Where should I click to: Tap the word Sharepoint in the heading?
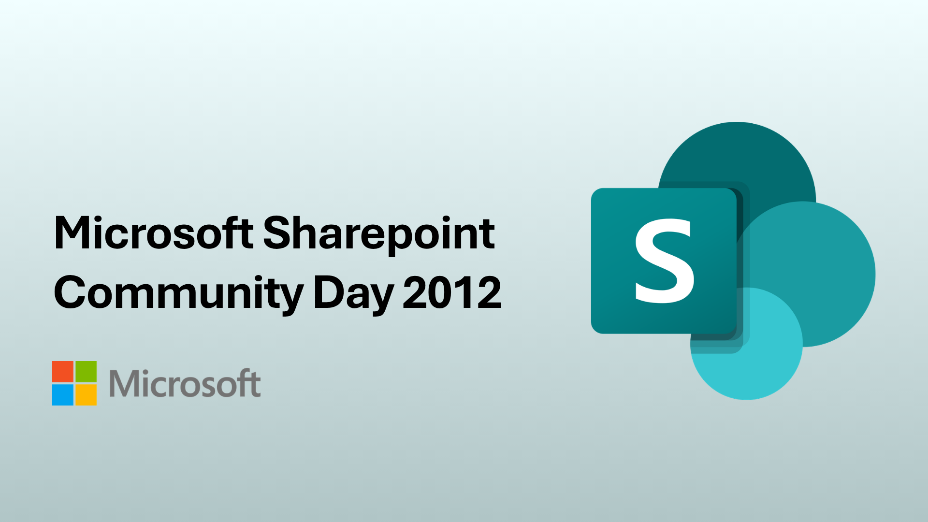[379, 235]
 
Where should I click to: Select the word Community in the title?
[178, 294]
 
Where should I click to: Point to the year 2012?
[452, 292]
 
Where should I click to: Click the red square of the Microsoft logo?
[63, 372]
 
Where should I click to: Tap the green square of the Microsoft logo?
[86, 372]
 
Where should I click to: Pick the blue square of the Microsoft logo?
[63, 395]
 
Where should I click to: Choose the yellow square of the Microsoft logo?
[86, 395]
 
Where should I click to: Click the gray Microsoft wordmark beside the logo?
[185, 383]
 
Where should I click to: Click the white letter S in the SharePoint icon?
[665, 261]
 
